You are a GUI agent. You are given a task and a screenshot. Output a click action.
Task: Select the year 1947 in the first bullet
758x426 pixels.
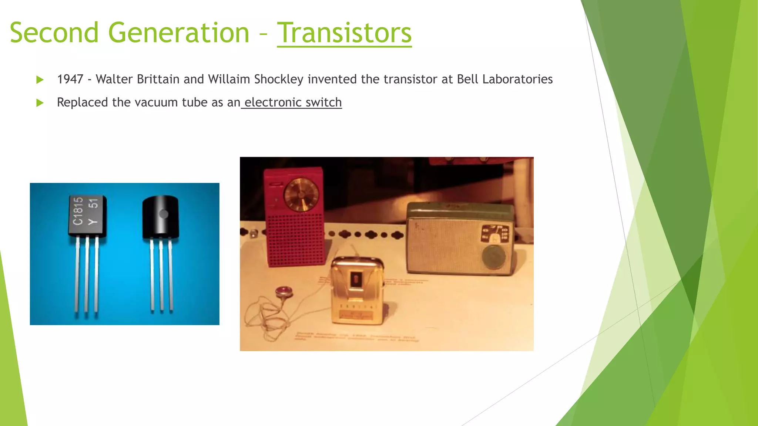click(70, 79)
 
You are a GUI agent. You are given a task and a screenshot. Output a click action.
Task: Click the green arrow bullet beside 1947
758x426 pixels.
click(40, 80)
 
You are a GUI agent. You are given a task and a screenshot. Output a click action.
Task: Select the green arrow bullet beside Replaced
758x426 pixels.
click(40, 103)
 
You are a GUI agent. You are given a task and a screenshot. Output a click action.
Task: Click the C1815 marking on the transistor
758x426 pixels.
click(78, 211)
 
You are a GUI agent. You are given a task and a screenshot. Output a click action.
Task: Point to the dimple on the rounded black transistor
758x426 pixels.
click(164, 214)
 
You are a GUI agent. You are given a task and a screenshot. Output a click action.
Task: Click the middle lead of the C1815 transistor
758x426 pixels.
click(87, 274)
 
